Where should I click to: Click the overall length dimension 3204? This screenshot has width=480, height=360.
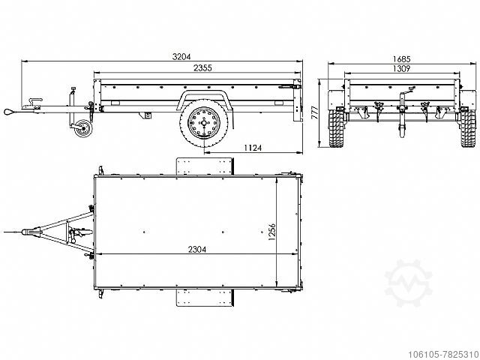point(181,57)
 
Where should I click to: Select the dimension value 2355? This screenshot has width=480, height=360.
point(202,68)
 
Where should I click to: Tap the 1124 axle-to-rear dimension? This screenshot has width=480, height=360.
point(253,148)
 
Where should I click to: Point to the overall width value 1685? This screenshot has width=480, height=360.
point(401,58)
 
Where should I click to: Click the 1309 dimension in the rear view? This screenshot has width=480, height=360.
point(401,68)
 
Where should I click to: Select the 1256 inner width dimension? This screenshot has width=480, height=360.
point(271,232)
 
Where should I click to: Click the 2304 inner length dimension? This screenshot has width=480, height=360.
point(197,250)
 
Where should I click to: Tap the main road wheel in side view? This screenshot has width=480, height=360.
point(204,123)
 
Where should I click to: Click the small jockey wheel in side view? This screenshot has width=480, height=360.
point(82,128)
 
